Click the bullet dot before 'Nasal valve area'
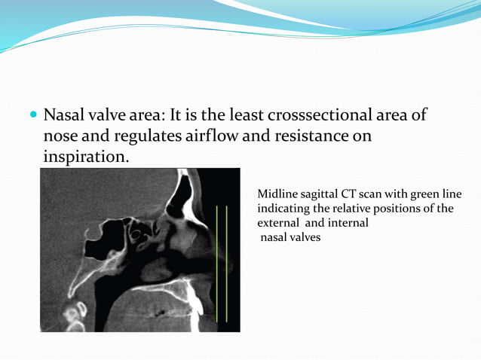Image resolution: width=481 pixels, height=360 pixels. (x=33, y=117)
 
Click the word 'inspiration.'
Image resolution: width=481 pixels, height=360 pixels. (x=86, y=157)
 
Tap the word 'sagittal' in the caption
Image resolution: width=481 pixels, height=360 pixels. (x=320, y=194)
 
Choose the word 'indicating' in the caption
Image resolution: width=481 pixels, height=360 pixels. (x=283, y=209)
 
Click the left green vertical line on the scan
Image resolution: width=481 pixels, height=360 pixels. (x=217, y=264)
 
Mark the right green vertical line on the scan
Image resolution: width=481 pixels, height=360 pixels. (x=226, y=264)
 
